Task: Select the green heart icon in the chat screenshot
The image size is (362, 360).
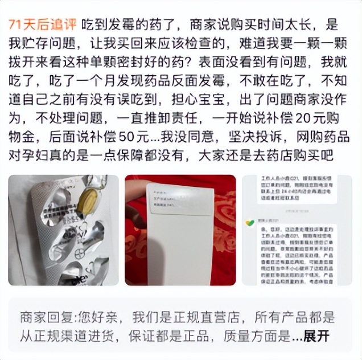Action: (249, 223)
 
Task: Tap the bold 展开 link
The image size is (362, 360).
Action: (316, 337)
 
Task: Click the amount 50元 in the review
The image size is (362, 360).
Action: (130, 137)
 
